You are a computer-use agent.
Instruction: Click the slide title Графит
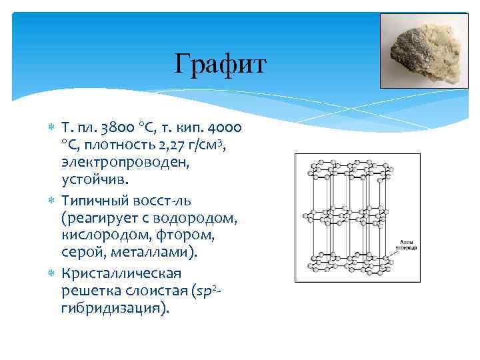(220, 65)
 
